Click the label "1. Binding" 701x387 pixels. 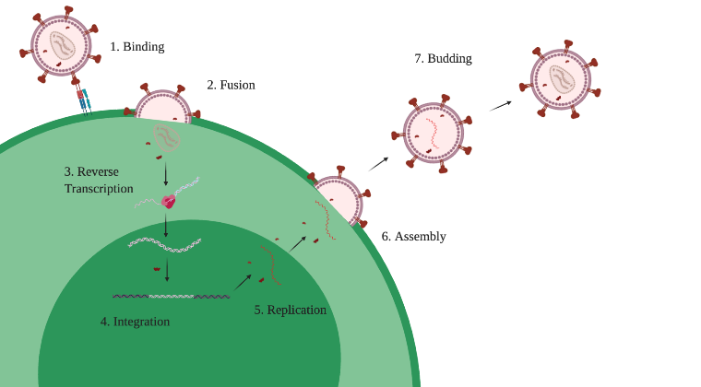coord(137,47)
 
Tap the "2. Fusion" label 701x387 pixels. coord(232,85)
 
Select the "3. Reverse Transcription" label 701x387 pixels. coord(99,180)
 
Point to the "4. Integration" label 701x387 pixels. coord(135,322)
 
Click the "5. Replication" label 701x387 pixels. coord(291,310)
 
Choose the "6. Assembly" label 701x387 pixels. coord(413,236)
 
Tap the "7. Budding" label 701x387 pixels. coord(443,58)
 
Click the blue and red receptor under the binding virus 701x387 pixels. coord(84,101)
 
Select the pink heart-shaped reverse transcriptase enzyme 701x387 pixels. coord(168,202)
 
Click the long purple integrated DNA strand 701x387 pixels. coord(172,297)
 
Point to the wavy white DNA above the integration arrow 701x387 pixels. coord(164,244)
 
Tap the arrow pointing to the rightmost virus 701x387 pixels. coord(500,106)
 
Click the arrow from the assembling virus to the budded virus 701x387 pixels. coord(378,164)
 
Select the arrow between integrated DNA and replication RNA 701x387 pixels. coord(243,283)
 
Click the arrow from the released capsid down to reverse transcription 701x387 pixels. coord(166,173)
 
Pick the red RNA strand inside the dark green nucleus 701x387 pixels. coord(271,264)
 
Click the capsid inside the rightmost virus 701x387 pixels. coord(562,78)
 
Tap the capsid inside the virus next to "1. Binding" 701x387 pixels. coord(63,45)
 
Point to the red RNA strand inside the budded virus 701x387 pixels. coord(432,134)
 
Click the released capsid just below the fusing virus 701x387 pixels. coord(167,138)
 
